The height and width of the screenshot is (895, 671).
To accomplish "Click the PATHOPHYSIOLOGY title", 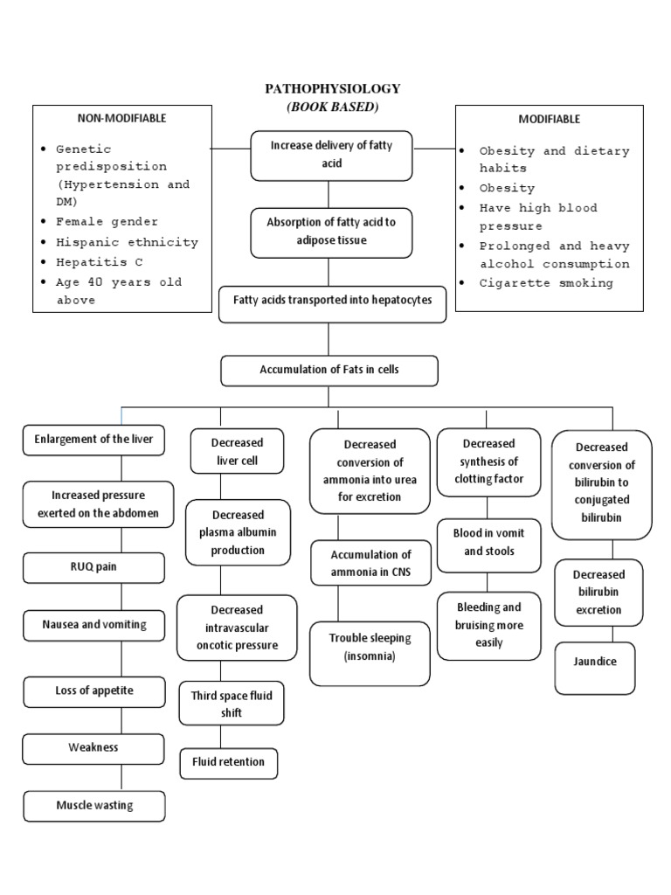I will pos(332,88).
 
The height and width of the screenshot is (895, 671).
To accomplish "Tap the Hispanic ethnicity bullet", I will pos(127,242).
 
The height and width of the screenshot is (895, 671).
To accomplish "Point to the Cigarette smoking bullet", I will pos(546,282).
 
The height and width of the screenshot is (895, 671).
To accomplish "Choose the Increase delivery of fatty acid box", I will pos(331,155).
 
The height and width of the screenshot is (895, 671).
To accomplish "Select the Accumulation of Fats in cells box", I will pos(329,370).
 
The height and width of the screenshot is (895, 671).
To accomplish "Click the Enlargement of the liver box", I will pos(93,440).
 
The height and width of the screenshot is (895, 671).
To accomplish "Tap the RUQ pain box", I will pos(93,566).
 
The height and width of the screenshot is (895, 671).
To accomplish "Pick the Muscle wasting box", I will pos(94,805).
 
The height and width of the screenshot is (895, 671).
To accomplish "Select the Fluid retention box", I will pos(228,762).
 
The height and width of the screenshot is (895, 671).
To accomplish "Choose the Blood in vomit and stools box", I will pos(489,542).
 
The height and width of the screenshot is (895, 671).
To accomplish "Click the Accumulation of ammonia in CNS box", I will pos(370,564).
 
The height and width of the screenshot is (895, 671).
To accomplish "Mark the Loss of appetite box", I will pos(93,690).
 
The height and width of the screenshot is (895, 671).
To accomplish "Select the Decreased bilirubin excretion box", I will pos(598,593).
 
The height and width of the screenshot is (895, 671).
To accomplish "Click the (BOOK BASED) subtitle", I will pos(332,107).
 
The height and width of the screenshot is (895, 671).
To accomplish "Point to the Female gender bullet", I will pos(107,222).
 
